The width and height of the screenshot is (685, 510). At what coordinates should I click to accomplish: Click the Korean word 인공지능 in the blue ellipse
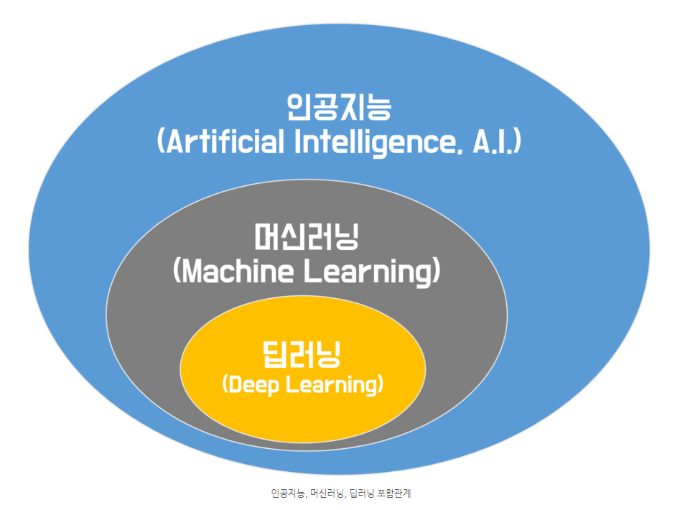pos(338,108)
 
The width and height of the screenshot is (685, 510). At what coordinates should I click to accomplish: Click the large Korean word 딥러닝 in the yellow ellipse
pos(302,354)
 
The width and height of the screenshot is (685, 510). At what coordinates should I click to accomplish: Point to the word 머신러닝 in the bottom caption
pos(326,493)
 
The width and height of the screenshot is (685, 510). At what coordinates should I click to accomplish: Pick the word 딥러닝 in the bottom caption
pos(361,493)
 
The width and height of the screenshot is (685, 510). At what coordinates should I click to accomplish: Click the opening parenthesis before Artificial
pos(161,142)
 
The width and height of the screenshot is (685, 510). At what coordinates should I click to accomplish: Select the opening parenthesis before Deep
pos(225,384)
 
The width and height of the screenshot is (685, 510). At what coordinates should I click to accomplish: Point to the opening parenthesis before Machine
pos(177,272)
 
